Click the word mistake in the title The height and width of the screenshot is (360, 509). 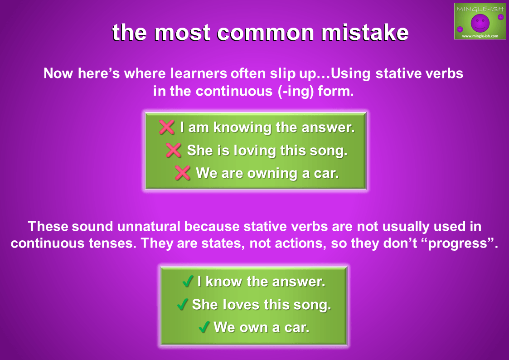pyautogui.click(x=365, y=33)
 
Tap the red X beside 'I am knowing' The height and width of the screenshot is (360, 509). pyautogui.click(x=167, y=127)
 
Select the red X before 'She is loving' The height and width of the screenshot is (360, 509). pyautogui.click(x=174, y=150)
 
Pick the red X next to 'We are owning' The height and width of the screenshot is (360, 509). pyautogui.click(x=183, y=173)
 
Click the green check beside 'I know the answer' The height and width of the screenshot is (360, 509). pyautogui.click(x=188, y=281)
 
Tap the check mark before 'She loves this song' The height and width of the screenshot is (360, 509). pyautogui.click(x=182, y=304)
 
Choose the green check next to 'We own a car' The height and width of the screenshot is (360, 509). pyautogui.click(x=204, y=327)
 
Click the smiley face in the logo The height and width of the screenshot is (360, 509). pyautogui.click(x=480, y=23)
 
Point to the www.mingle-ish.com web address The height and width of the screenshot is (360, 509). pyautogui.click(x=480, y=36)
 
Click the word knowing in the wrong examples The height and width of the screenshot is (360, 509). pyautogui.click(x=242, y=127)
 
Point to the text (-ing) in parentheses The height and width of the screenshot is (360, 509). pyautogui.click(x=296, y=91)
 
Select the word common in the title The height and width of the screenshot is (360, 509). pyautogui.click(x=265, y=33)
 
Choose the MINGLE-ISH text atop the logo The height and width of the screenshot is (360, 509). pyautogui.click(x=480, y=9)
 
